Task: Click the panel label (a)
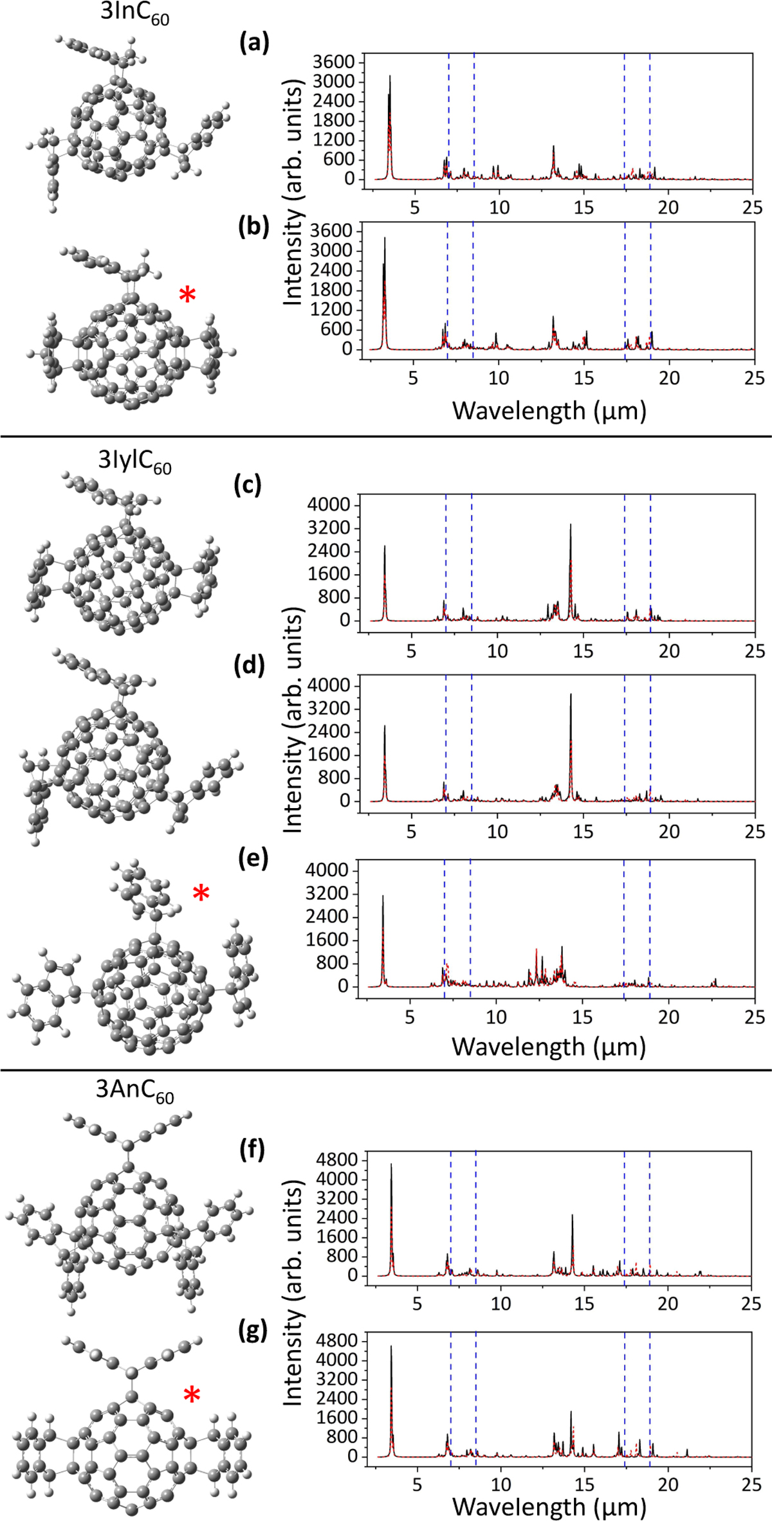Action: (253, 43)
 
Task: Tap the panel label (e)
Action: (252, 858)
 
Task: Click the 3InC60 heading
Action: (135, 14)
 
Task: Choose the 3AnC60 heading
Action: (135, 1091)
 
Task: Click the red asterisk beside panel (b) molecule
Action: (187, 296)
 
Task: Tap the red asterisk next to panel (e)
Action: (201, 893)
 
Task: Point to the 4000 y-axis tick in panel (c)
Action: (328, 505)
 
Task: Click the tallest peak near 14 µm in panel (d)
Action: (571, 696)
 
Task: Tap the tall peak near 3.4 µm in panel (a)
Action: (390, 77)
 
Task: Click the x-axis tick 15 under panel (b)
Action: (584, 377)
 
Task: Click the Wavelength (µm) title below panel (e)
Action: (549, 1047)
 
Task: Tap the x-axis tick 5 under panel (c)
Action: (412, 651)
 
